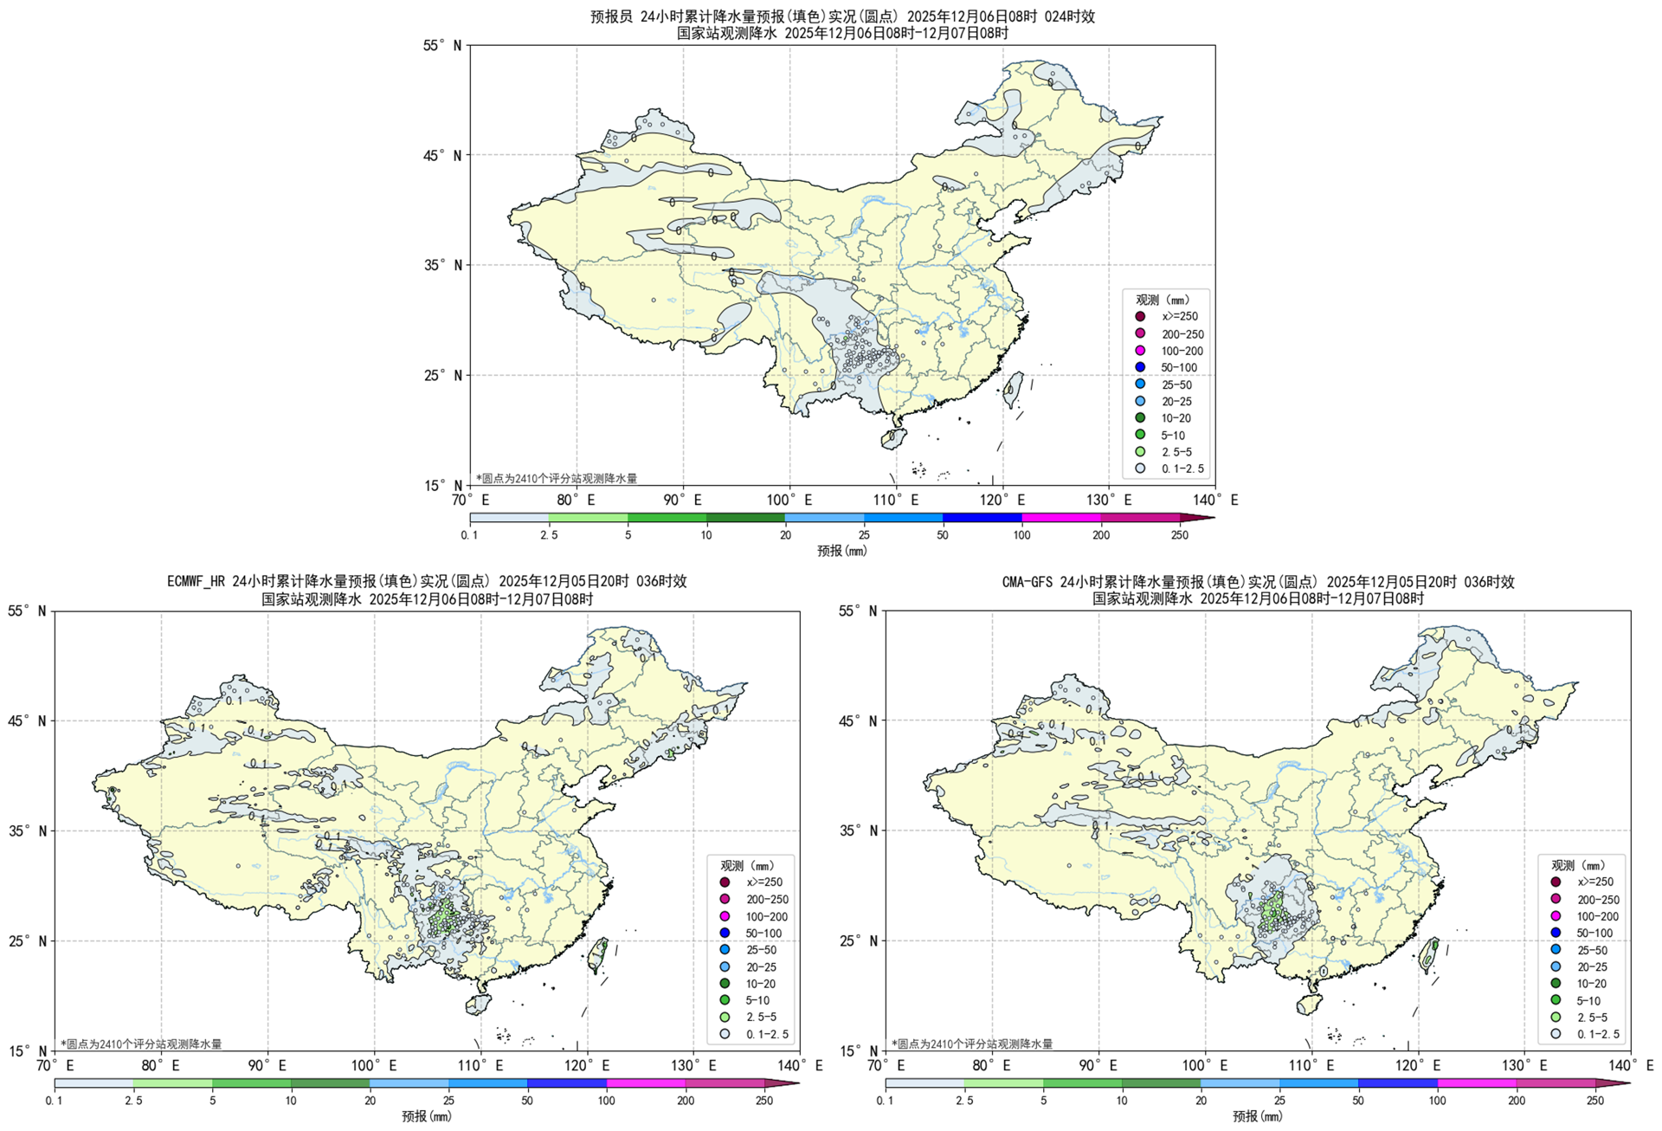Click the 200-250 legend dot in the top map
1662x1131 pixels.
1140,333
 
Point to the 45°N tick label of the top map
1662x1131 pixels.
445,155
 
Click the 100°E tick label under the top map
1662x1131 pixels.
789,500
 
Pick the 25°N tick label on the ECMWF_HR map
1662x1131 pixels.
29,940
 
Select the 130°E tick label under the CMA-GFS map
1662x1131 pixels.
1524,1065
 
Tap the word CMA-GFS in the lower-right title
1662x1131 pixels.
1027,582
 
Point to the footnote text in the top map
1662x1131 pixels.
556,478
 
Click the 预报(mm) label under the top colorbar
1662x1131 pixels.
841,551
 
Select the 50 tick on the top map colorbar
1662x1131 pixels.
943,535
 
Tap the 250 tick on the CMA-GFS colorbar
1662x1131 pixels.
1595,1101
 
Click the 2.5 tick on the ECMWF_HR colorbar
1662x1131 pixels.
133,1101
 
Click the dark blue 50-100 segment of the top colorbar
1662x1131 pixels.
982,518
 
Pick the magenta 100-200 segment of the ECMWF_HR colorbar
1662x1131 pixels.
645,1083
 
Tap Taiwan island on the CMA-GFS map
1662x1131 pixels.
1429,953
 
